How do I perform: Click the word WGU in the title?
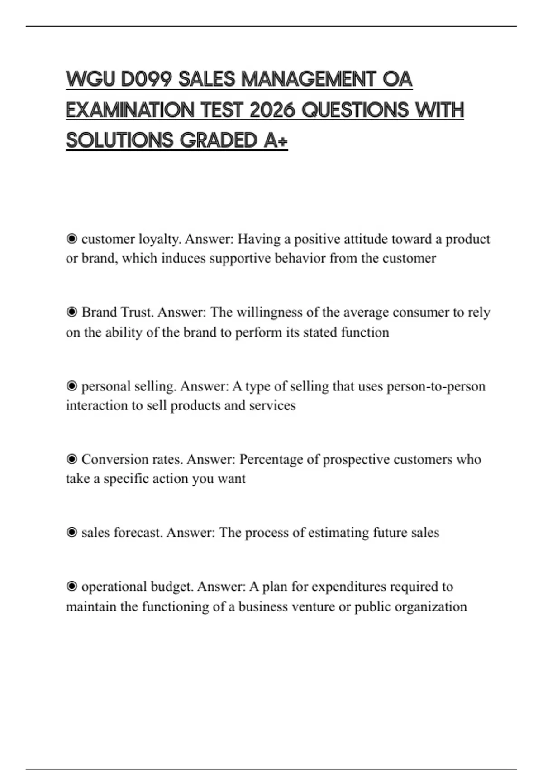[x=90, y=79]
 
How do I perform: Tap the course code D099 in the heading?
[x=147, y=79]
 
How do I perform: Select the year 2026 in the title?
[x=272, y=110]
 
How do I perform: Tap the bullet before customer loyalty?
[x=71, y=239]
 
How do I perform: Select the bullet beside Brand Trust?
[x=71, y=312]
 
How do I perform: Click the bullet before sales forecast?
[x=71, y=532]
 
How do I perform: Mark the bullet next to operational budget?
[x=71, y=587]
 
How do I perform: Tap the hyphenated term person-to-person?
[x=436, y=386]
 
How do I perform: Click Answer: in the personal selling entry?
[x=205, y=386]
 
